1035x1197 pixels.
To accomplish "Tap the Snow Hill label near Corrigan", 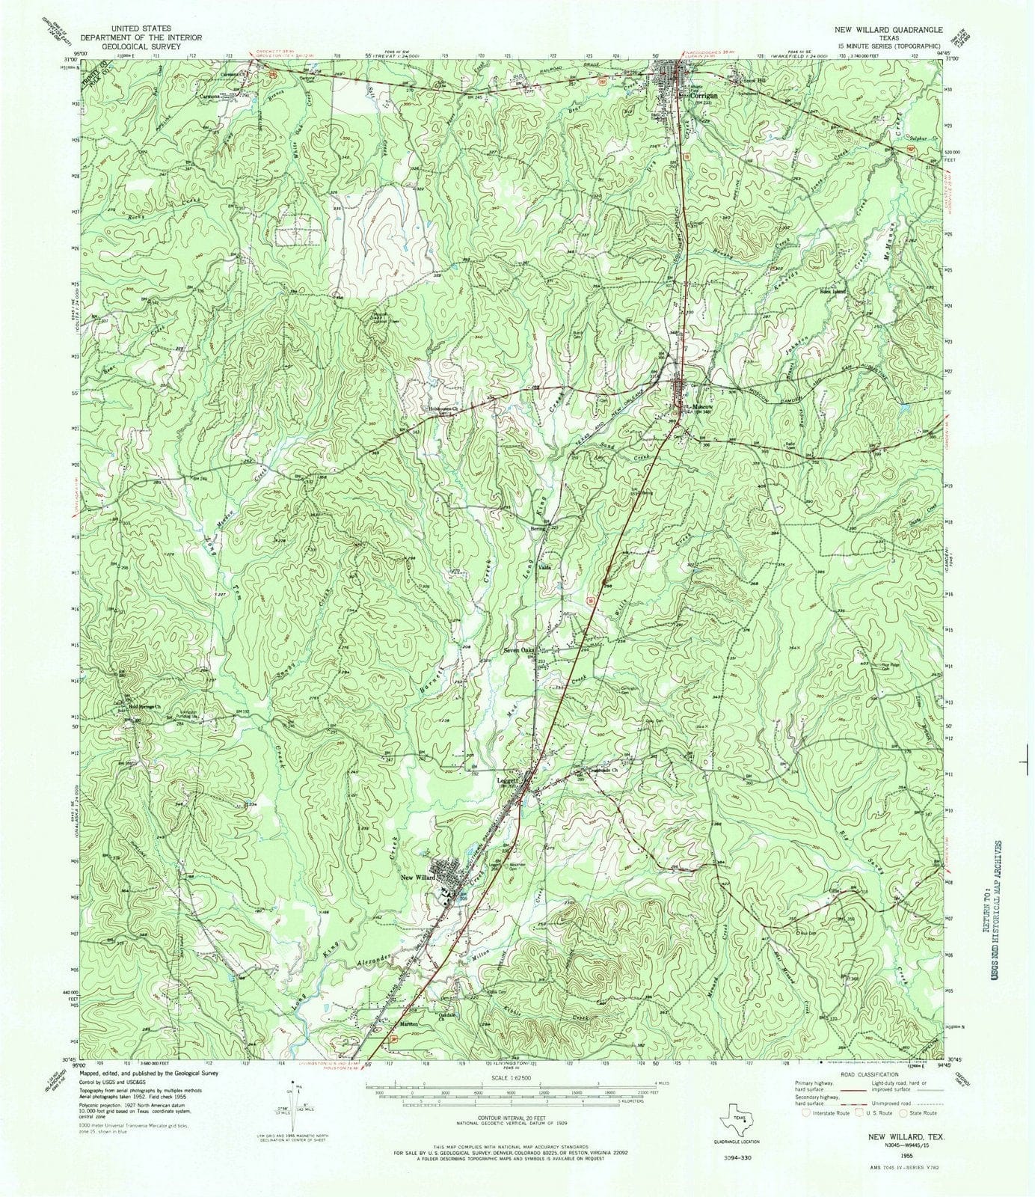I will pos(742,77).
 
